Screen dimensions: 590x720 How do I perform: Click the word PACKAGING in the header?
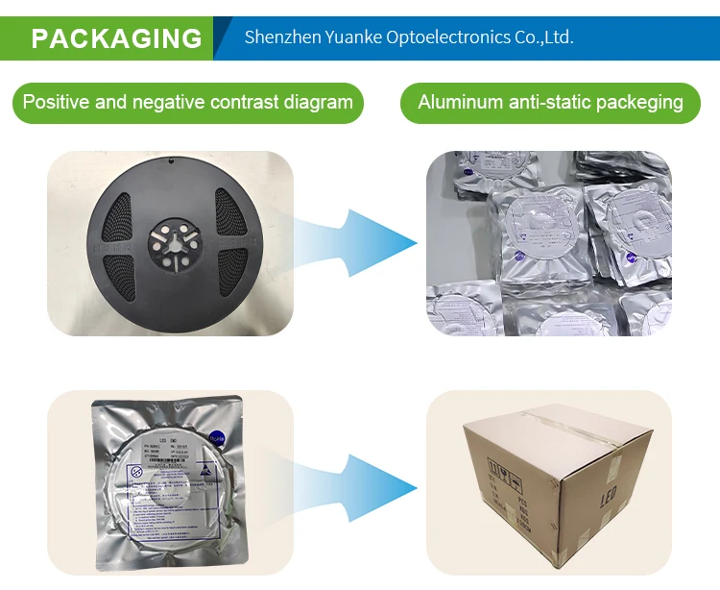pyautogui.click(x=116, y=38)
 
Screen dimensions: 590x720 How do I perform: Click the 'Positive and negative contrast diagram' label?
pyautogui.click(x=188, y=102)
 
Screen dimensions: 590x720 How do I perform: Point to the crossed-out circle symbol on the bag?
pyautogui.click(x=137, y=473)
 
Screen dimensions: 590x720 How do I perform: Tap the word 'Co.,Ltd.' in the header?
pyautogui.click(x=544, y=37)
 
